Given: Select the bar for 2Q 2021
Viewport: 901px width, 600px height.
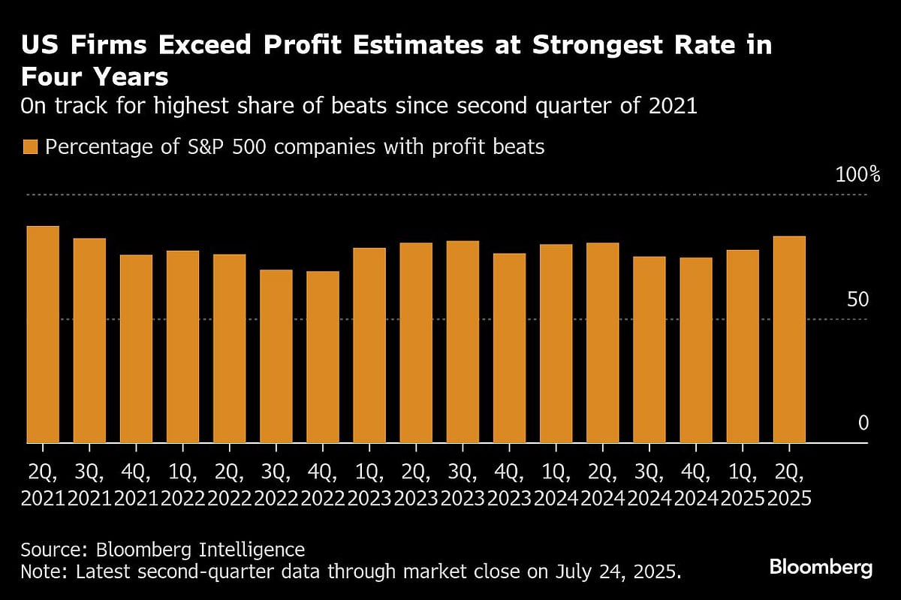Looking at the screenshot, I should click(x=43, y=334).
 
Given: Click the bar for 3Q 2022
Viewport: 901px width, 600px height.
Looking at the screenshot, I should click(x=276, y=356).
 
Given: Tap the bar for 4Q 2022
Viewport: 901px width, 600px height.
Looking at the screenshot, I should click(x=322, y=357).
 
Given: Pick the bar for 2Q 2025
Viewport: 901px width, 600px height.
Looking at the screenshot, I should click(x=789, y=339).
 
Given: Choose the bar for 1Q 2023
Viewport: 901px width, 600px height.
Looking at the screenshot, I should click(x=369, y=345).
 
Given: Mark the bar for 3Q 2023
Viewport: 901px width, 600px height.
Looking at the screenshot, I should click(x=462, y=342).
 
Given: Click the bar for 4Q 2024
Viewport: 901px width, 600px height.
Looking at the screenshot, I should click(x=696, y=350).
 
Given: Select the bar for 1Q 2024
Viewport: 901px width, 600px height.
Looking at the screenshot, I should click(x=556, y=343).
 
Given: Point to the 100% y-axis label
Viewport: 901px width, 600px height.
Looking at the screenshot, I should click(x=857, y=176).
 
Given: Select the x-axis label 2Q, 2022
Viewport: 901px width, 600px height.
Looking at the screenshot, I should click(x=229, y=485).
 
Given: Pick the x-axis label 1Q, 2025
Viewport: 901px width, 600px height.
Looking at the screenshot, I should click(x=743, y=485).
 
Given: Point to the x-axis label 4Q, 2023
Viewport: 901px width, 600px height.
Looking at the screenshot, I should click(x=509, y=485).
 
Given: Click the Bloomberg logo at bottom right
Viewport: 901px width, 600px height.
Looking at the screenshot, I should click(x=821, y=567).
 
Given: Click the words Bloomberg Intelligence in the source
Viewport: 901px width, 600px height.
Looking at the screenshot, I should click(x=224, y=549).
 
